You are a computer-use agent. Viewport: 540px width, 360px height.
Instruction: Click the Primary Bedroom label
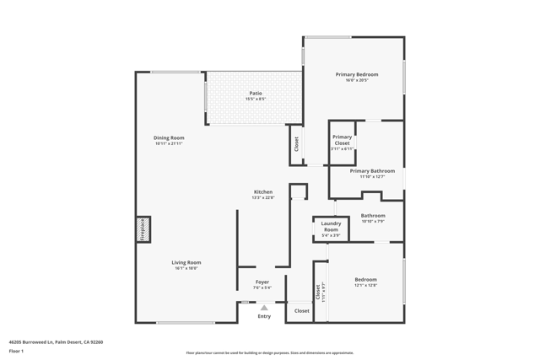click(x=356, y=75)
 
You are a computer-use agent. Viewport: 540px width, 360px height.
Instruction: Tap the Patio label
click(x=255, y=94)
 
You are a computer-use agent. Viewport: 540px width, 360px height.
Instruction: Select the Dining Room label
click(x=169, y=138)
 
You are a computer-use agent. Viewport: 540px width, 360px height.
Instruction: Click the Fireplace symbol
click(x=143, y=229)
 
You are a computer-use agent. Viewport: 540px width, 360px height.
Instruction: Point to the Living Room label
click(x=186, y=263)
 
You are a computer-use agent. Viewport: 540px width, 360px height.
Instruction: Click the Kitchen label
click(x=263, y=192)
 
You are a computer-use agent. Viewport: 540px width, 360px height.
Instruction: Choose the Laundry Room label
click(x=331, y=227)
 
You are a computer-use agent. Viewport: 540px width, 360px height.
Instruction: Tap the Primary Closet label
click(x=342, y=140)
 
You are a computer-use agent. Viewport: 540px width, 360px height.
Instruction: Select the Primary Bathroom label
click(x=372, y=171)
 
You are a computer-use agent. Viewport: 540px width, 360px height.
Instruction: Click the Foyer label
click(x=262, y=282)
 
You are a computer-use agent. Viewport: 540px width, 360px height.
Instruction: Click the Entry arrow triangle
click(x=264, y=308)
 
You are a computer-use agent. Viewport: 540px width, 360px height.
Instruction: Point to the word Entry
click(x=264, y=316)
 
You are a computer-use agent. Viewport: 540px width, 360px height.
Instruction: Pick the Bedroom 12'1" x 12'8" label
click(x=365, y=280)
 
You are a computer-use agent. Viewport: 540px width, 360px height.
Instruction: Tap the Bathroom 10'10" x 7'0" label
click(x=373, y=216)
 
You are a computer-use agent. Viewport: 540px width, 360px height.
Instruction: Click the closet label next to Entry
click(x=301, y=311)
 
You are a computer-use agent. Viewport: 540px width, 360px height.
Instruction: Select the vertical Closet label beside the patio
click(x=296, y=144)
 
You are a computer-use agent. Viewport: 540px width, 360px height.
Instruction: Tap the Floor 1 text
click(x=16, y=351)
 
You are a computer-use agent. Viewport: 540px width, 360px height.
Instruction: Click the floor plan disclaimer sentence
click(x=270, y=353)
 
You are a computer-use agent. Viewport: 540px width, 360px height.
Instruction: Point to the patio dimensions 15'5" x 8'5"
click(x=255, y=99)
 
